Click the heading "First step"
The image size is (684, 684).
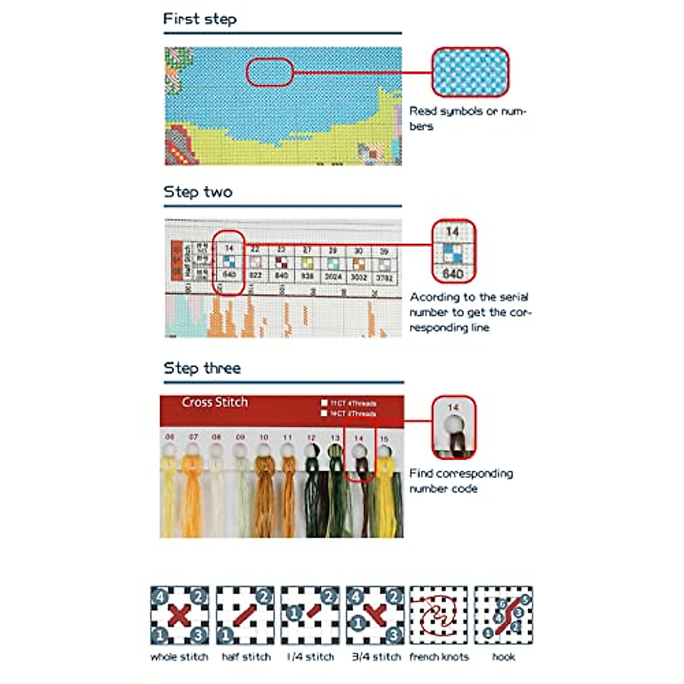click(199, 19)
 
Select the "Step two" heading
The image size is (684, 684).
click(198, 192)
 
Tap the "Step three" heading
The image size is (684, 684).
click(202, 368)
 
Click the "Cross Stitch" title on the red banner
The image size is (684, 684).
click(215, 402)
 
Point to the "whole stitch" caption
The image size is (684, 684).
click(179, 657)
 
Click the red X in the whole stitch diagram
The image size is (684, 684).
click(180, 616)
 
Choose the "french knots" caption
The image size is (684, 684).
click(439, 657)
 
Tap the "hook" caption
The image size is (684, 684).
click(503, 657)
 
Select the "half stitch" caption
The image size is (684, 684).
click(246, 657)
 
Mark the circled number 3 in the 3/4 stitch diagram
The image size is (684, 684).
click(394, 634)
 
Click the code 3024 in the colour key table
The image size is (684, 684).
click(333, 276)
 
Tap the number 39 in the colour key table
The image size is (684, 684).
click(384, 251)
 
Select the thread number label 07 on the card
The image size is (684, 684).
click(193, 437)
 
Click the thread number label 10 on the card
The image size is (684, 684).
click(263, 437)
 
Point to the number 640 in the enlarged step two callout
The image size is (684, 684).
click(453, 274)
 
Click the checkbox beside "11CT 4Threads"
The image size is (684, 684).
click(324, 403)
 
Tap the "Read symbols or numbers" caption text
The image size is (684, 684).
click(467, 119)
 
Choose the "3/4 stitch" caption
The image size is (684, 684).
click(376, 657)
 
